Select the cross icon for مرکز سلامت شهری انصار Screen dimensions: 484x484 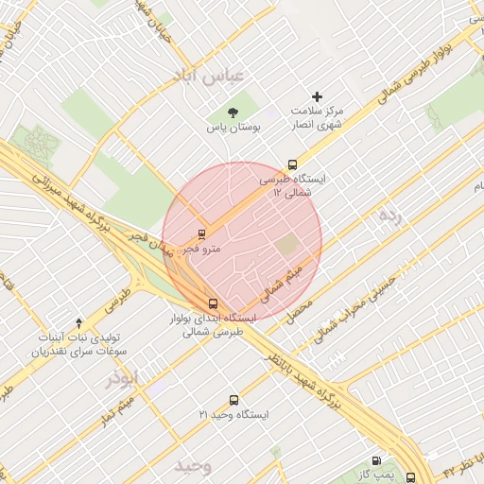[x=317, y=96]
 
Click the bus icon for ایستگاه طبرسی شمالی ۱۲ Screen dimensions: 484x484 [x=292, y=164]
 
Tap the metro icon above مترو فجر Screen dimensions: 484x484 [x=201, y=234]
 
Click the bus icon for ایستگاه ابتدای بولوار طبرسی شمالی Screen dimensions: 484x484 [x=213, y=304]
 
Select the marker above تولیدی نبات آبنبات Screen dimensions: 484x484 [x=78, y=323]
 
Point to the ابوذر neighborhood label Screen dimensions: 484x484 [x=122, y=378]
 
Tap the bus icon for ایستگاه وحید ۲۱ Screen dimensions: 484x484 [x=233, y=400]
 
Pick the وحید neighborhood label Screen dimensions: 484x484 [x=192, y=466]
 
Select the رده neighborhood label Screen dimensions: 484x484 [x=389, y=216]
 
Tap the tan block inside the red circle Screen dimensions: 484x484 [x=285, y=245]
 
